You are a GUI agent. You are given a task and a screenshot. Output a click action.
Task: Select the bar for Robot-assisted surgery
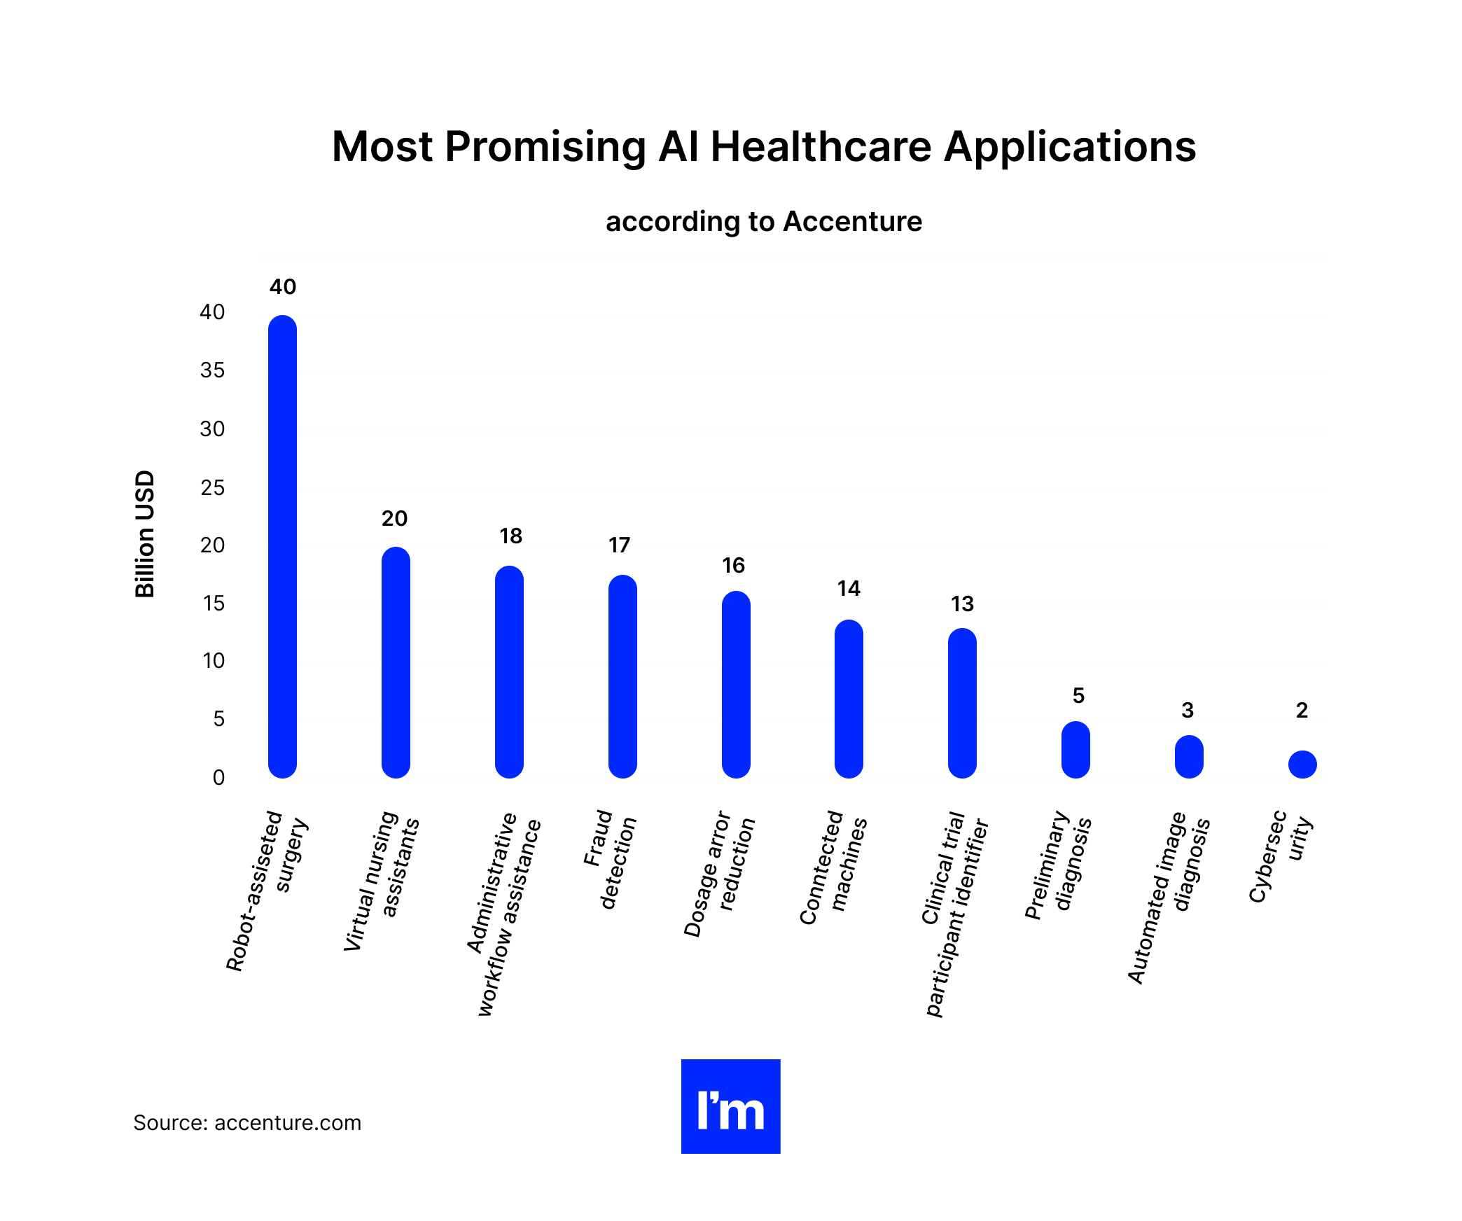[x=282, y=546]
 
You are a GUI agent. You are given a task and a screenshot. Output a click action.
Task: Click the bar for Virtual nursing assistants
[x=396, y=662]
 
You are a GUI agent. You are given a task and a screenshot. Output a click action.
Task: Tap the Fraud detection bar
[x=622, y=676]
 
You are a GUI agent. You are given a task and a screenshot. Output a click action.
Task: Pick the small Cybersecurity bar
[x=1302, y=765]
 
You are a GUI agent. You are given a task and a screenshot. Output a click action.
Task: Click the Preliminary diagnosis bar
[x=1075, y=749]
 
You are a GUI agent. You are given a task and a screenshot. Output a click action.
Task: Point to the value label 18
[x=510, y=536]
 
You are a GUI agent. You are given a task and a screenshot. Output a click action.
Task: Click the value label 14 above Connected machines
[x=849, y=589]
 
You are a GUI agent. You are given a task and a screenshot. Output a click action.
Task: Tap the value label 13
[x=962, y=604]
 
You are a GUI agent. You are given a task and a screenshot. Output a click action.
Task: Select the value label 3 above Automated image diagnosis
[x=1188, y=711]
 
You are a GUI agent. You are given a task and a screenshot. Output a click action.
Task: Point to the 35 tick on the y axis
[x=212, y=370]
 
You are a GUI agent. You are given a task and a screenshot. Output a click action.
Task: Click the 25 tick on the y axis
[x=212, y=488]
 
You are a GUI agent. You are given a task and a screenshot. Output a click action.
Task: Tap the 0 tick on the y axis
[x=218, y=778]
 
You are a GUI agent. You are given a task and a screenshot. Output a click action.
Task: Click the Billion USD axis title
[x=144, y=533]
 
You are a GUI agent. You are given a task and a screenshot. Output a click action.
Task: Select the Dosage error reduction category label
[x=720, y=874]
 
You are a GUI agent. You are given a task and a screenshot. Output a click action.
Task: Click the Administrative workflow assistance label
[x=503, y=914]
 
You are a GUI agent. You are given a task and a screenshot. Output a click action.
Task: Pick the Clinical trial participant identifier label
[x=955, y=914]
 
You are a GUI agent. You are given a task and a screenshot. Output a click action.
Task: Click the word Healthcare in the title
[x=821, y=147]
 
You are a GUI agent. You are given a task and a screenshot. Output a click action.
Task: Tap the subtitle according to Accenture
[x=763, y=222]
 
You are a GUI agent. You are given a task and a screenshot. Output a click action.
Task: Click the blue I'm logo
[x=730, y=1106]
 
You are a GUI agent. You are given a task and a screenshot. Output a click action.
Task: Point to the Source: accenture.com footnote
[x=247, y=1123]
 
